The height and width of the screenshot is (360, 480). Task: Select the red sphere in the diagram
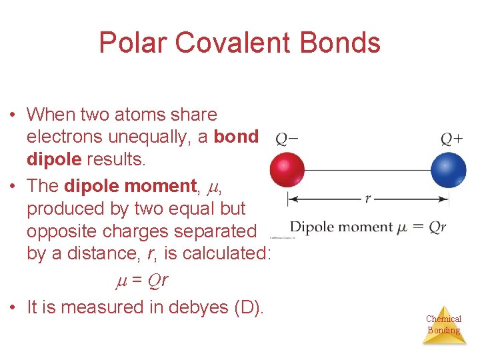tap(287, 170)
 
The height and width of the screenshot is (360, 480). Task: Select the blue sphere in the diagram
tap(449, 170)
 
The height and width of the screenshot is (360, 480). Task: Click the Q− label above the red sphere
tap(287, 139)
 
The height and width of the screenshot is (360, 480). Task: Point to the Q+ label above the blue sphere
tap(452, 139)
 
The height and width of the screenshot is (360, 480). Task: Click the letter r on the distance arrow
tap(367, 198)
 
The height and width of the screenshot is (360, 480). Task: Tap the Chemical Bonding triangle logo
tap(443, 325)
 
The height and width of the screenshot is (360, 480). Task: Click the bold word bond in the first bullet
tap(236, 137)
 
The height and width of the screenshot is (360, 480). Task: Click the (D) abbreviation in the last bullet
tap(246, 307)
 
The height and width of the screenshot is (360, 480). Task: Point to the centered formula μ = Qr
tap(139, 281)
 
